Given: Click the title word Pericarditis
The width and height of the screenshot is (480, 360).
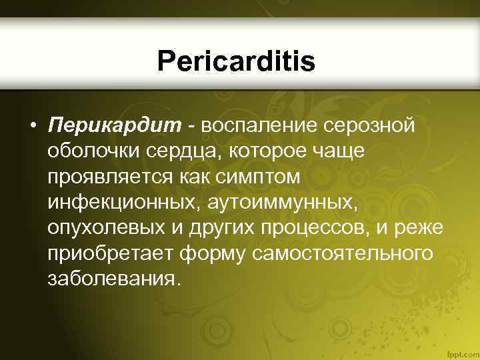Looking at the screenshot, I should click(236, 63).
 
